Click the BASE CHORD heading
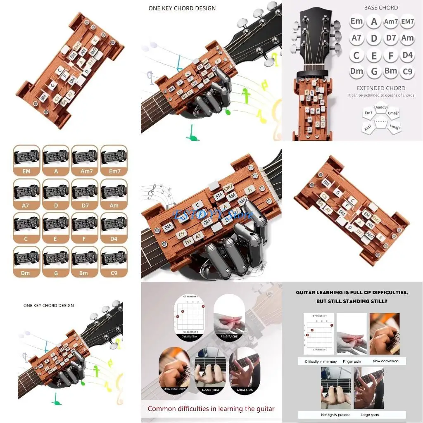381,8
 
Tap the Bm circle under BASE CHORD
391,71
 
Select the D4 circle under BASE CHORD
408,55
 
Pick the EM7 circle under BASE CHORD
408,21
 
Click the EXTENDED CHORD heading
381,88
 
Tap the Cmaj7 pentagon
393,113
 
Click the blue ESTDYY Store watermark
213,215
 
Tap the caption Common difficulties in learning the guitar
211,409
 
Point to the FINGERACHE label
229,337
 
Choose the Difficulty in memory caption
321,361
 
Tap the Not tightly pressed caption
335,414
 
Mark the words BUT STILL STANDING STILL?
352,302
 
